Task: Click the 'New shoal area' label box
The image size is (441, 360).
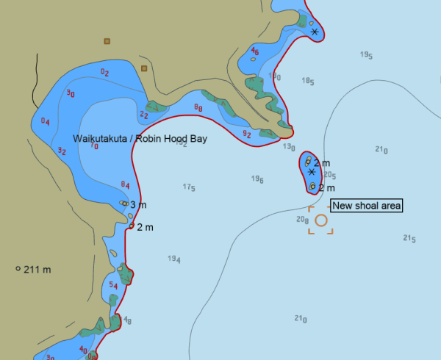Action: point(367,206)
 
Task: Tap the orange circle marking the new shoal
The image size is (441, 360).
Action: point(320,220)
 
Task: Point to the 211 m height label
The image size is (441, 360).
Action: point(37,270)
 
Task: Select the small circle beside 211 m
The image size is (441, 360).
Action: point(18,269)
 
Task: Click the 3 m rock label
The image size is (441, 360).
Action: point(138,204)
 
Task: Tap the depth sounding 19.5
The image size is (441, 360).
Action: point(366,55)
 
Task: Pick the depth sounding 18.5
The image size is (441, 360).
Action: point(308,82)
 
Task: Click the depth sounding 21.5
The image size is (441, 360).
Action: point(409,238)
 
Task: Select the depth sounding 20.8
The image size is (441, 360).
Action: point(302,219)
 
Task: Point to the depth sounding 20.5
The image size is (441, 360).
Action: point(329,175)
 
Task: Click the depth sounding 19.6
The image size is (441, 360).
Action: point(257,179)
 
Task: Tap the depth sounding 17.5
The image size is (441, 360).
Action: point(188,187)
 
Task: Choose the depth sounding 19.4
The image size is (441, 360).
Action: point(174,259)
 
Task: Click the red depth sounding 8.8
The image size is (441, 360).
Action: point(198,108)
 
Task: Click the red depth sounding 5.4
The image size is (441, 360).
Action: point(113,285)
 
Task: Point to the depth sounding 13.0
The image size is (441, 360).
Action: point(289,147)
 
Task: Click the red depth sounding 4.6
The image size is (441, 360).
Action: point(254,51)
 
